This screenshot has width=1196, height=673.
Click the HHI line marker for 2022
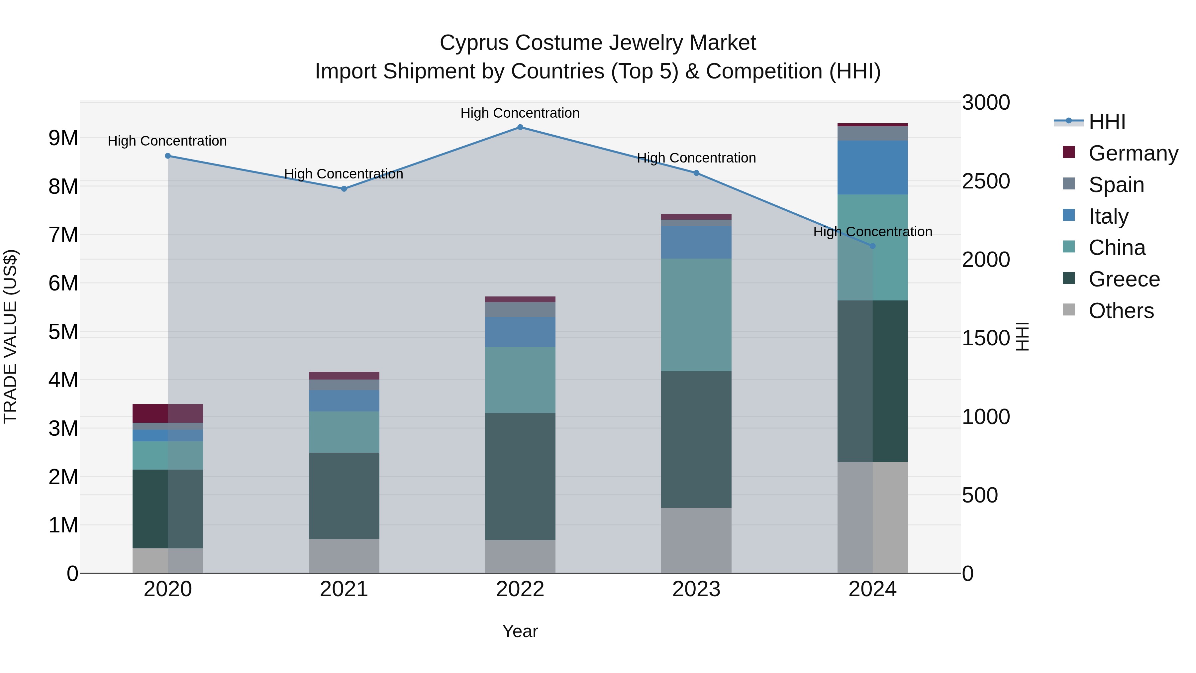[520, 127]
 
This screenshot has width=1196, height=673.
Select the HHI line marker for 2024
[872, 246]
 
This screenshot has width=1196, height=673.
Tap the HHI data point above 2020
[168, 156]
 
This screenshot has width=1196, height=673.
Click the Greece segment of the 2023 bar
[696, 439]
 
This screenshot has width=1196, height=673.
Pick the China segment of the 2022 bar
[520, 380]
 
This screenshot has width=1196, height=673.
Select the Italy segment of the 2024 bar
[872, 167]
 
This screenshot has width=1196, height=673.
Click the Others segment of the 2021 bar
[344, 556]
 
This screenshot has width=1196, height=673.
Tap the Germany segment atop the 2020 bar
[168, 413]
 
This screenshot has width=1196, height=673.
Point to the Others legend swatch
[1068, 310]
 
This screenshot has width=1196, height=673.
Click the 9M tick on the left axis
[63, 138]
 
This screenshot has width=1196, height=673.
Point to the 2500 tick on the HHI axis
[985, 181]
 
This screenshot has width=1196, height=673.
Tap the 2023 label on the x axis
[696, 589]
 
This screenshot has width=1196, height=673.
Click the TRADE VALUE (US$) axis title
[10, 336]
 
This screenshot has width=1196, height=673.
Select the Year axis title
[520, 631]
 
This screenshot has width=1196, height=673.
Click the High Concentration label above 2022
[520, 113]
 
